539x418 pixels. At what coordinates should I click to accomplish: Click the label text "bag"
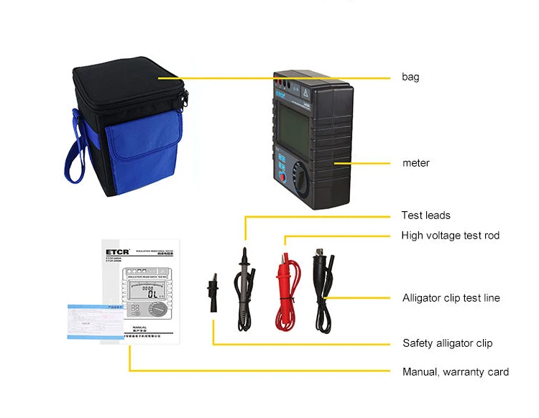(x=410, y=77)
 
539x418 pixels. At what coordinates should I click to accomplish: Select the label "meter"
(x=415, y=163)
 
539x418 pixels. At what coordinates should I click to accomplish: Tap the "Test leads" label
(x=425, y=215)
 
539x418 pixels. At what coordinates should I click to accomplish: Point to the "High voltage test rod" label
(x=450, y=235)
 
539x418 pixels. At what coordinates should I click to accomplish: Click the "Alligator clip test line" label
(x=451, y=297)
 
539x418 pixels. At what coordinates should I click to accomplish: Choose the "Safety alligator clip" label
(x=447, y=343)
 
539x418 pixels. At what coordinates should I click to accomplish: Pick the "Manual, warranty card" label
(x=455, y=371)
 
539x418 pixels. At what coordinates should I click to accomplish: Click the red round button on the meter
(x=283, y=177)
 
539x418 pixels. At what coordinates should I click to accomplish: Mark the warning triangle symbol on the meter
(x=308, y=93)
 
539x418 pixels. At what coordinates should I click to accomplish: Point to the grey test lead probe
(x=244, y=287)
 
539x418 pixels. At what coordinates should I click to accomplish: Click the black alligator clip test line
(x=321, y=287)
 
